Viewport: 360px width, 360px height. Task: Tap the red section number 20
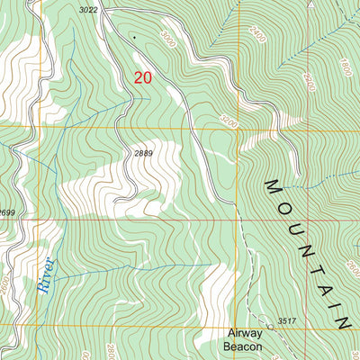coord(142,78)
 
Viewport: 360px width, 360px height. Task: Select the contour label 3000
coord(169,41)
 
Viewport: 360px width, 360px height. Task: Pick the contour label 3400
coord(228,118)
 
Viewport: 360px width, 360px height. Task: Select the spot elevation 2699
coord(9,211)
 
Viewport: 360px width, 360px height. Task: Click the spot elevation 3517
coord(287,320)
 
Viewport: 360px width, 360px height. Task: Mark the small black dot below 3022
coord(135,37)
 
